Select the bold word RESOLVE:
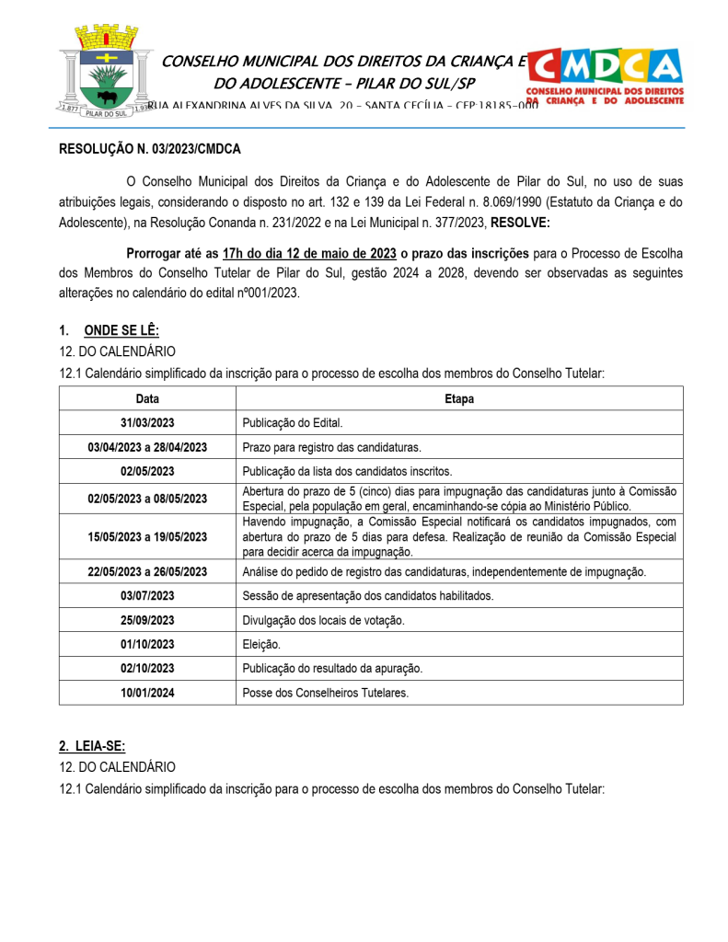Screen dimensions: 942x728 click(x=521, y=222)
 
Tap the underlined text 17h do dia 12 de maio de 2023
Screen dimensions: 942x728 click(x=309, y=253)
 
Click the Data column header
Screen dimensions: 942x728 click(x=147, y=398)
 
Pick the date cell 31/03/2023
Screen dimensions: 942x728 click(x=147, y=423)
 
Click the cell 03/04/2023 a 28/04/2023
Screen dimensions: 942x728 click(x=147, y=447)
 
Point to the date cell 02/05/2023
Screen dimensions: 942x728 click(x=147, y=471)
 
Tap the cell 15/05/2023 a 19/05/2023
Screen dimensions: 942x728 click(x=147, y=537)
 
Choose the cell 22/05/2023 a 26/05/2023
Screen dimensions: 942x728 click(x=147, y=571)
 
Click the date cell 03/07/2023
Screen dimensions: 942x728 click(x=147, y=595)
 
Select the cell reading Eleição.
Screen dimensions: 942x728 click(x=261, y=644)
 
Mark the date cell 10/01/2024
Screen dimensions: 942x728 click(x=147, y=692)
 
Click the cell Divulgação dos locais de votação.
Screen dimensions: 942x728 click(x=323, y=620)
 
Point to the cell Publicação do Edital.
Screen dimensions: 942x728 click(x=292, y=423)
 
